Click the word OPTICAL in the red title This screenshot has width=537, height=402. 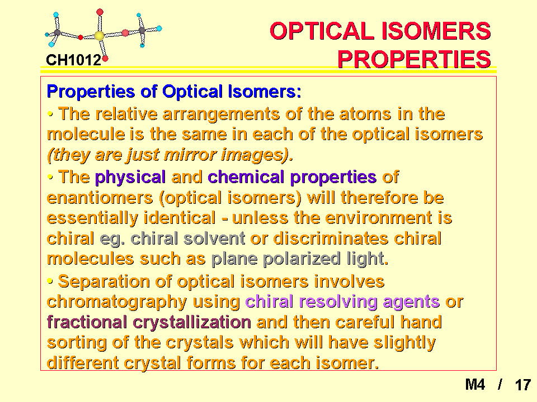coord(322,31)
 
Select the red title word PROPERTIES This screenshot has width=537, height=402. coord(414,59)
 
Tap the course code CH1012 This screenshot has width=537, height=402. coord(74,60)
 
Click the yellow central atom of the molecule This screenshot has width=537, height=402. coord(100,36)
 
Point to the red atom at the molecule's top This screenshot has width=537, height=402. coord(100,12)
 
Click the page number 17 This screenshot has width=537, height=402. coord(522,385)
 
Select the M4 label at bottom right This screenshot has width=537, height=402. coord(475,385)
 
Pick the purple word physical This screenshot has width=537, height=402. coord(130,178)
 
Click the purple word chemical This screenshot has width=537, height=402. coord(246,177)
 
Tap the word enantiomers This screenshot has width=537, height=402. coord(100,198)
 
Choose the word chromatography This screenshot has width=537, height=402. coord(117,302)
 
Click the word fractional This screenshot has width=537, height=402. coord(87,322)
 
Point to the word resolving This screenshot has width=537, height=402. coord(338,302)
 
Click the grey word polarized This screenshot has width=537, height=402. coord(302,259)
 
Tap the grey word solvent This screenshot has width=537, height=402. coord(214,238)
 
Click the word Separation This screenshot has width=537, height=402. coord(104,281)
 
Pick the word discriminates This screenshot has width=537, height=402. coord(331,238)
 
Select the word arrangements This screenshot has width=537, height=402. coord(222,114)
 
